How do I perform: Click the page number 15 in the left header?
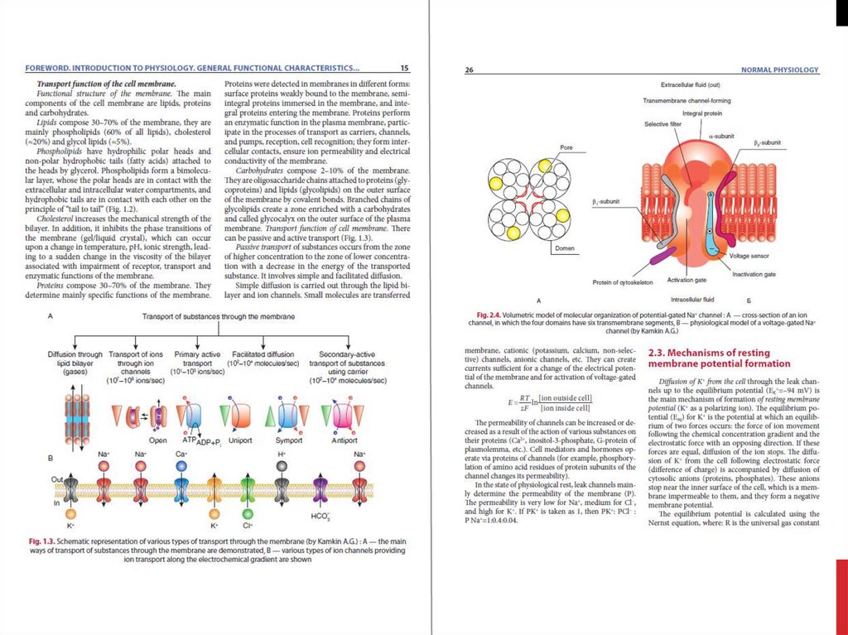[404, 68]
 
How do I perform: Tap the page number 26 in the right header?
[469, 70]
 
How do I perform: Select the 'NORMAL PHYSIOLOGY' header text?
[779, 70]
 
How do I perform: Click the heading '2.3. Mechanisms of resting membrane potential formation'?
[719, 358]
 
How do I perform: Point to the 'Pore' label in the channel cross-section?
[566, 148]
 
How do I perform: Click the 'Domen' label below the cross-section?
[566, 248]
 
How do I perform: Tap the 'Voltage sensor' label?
[750, 256]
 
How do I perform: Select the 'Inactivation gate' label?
[754, 274]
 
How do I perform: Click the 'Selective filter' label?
[662, 123]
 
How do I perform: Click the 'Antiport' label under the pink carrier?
[344, 440]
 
